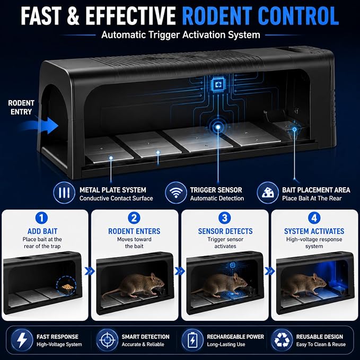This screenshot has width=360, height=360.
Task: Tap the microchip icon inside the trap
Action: pos(218,85)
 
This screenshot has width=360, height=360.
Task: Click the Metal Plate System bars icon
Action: pos(64,192)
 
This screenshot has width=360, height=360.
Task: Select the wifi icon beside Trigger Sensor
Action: pos(175,192)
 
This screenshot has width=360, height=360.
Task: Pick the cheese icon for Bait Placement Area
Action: pos(268,192)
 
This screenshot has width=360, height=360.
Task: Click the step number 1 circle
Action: pos(41,218)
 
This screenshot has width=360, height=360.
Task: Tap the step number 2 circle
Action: pos(134,218)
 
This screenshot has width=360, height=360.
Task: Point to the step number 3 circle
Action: pos(225,218)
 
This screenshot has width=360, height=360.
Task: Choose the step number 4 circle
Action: pos(314,218)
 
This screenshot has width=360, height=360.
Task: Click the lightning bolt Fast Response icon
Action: pos(22,340)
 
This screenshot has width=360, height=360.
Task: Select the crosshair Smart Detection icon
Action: pos(107,340)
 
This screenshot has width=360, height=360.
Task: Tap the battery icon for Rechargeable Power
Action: pos(192,340)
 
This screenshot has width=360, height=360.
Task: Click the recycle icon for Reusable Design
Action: pos(282,340)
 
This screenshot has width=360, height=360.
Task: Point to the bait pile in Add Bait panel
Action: pos(67,286)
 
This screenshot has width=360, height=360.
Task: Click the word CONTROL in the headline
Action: pos(298,15)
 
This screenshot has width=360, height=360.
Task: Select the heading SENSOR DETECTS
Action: pos(225,231)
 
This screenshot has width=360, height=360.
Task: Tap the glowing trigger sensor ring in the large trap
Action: pos(218,127)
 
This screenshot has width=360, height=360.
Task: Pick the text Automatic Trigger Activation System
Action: pos(181,35)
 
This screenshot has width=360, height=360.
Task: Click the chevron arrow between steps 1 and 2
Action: pos(90,271)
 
